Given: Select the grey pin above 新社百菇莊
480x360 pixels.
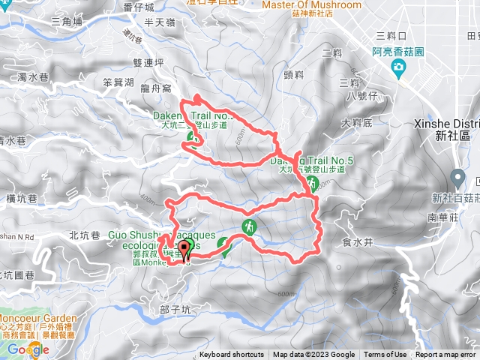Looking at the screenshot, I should [457, 179].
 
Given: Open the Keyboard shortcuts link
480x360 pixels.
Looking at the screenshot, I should [232, 355].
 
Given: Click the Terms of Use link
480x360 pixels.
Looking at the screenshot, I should [385, 355].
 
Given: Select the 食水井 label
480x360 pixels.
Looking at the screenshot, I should [355, 241].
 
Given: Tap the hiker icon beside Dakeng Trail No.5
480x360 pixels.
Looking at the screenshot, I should [313, 184].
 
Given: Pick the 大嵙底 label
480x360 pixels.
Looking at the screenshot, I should [356, 122].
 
